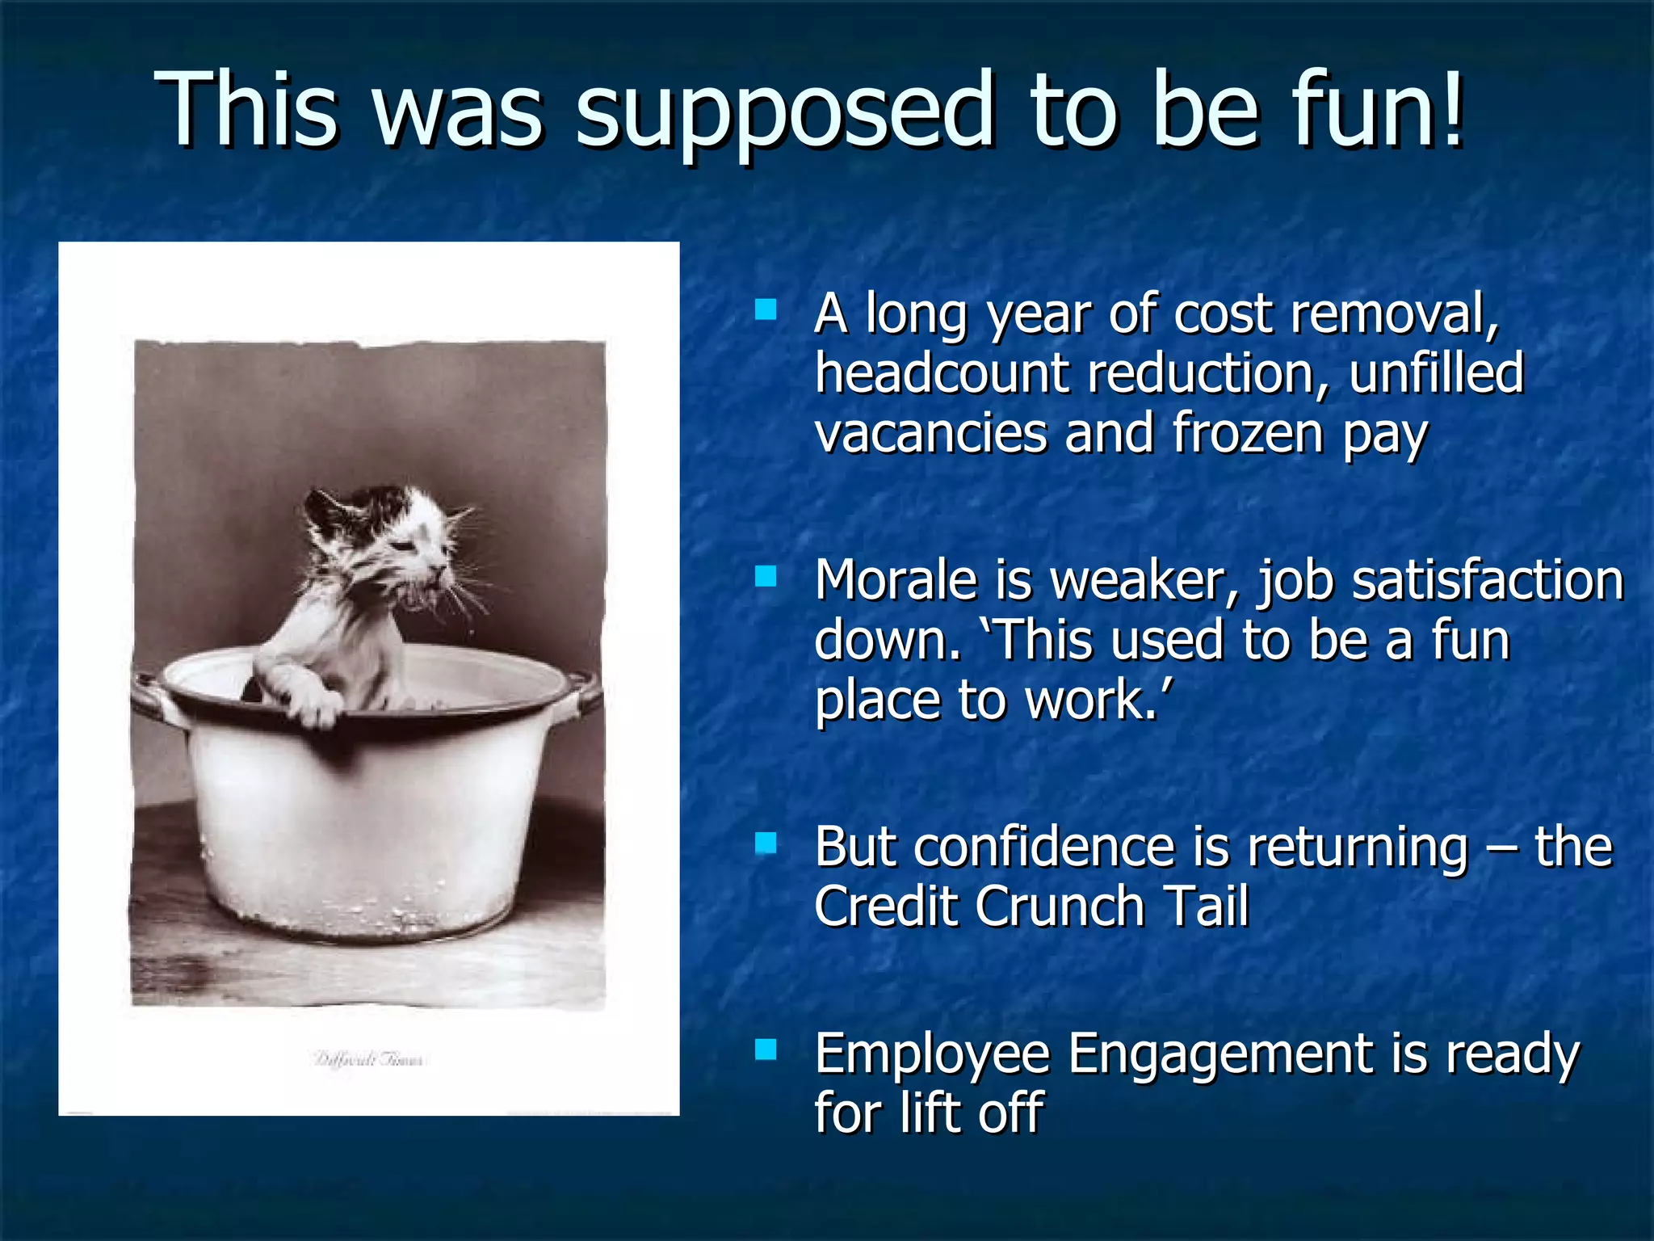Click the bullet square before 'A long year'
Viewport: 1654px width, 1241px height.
pos(765,310)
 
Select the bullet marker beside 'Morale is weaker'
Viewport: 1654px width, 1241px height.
pos(765,576)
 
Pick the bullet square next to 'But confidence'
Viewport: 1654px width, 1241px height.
pos(765,843)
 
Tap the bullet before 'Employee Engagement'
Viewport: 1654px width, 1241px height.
pos(765,1049)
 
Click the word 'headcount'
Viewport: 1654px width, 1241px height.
pos(941,374)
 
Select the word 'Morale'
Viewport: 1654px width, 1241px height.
pos(896,580)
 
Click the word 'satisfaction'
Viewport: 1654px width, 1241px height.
pos(1487,580)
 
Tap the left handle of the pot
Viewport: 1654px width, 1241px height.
pos(149,695)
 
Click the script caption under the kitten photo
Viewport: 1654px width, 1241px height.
pos(368,1059)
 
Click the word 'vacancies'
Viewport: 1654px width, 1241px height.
pos(930,434)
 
